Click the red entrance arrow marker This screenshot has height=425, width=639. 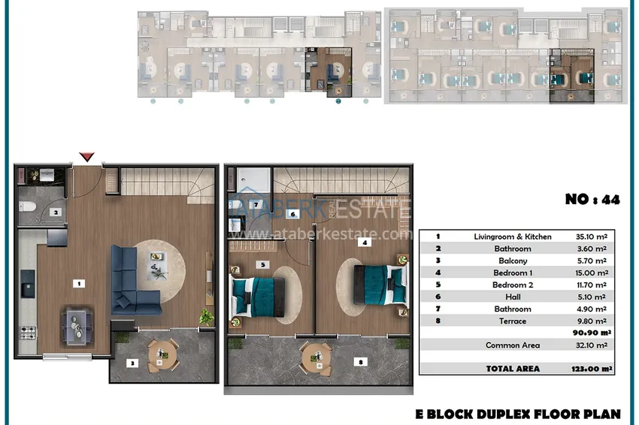coord(86,157)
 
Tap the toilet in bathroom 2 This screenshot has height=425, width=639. coord(27,206)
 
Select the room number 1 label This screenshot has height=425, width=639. coord(79,283)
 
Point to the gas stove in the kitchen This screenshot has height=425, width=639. coord(28,333)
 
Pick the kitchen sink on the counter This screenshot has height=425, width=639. coord(28,284)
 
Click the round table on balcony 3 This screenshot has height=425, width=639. coord(162,354)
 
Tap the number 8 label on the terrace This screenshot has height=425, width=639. coord(360,361)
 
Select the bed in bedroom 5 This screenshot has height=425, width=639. coord(258,297)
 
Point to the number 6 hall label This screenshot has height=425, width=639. coord(292,214)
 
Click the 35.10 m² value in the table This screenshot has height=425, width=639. coord(592,237)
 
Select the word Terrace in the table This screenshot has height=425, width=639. coord(512,321)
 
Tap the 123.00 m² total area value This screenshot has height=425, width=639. coord(592,369)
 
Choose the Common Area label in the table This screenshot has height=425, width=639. coord(513,345)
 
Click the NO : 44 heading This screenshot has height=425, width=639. coord(592,200)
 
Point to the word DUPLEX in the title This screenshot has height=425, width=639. coord(504,414)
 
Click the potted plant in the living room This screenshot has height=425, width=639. coord(206,317)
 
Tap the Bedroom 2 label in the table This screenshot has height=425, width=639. coord(513,285)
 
